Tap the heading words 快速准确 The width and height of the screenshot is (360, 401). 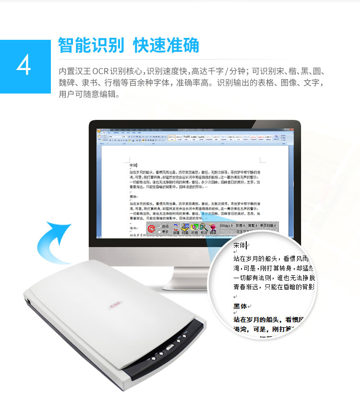tap(166, 45)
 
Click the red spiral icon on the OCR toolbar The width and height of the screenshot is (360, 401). tap(152, 228)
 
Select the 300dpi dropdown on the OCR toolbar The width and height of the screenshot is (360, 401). tap(226, 225)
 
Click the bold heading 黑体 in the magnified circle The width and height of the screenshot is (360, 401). tap(240, 306)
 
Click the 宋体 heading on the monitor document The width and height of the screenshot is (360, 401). tap(133, 165)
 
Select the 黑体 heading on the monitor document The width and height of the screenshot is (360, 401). tap(133, 197)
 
